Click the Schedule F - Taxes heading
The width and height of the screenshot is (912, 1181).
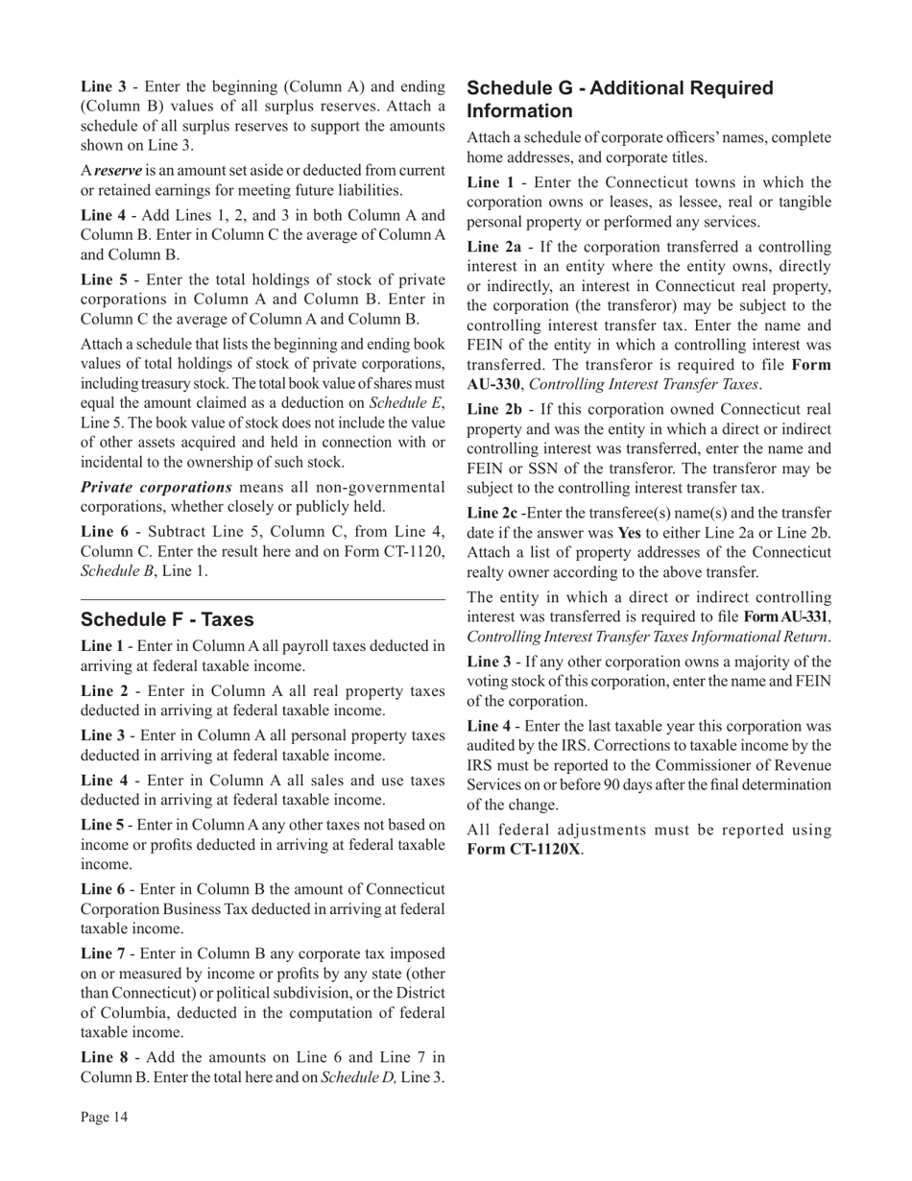click(168, 620)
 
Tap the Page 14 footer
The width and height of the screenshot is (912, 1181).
click(104, 1117)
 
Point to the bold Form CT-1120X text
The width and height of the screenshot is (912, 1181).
click(523, 850)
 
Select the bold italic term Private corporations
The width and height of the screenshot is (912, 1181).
click(156, 487)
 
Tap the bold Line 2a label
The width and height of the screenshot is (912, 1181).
click(493, 247)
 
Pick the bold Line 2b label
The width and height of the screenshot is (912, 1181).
click(494, 409)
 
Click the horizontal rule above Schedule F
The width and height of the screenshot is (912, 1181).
click(263, 599)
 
